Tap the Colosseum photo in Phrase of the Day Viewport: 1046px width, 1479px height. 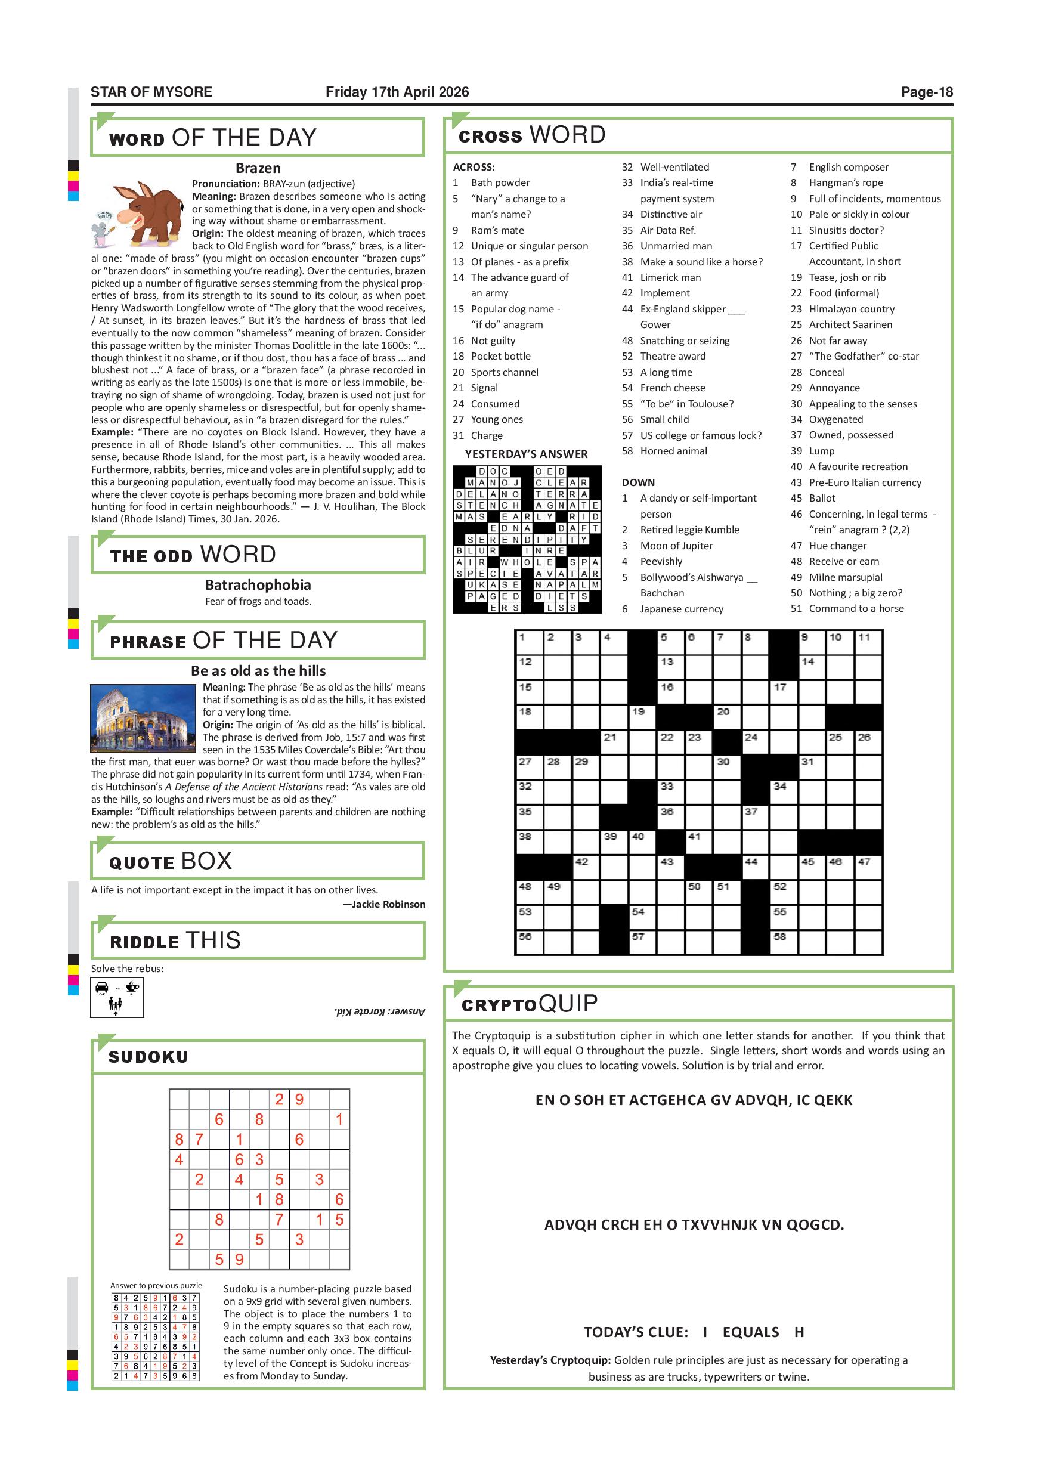pyautogui.click(x=143, y=718)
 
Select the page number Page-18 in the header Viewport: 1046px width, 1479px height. pyautogui.click(x=926, y=92)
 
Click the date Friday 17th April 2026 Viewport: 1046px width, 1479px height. pyautogui.click(x=397, y=92)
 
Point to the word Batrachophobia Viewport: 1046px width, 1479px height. pyautogui.click(x=258, y=585)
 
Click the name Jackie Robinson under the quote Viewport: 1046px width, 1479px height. pyautogui.click(x=388, y=905)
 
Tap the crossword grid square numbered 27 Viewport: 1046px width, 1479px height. pyautogui.click(x=530, y=769)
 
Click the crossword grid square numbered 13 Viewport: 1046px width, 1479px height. pyautogui.click(x=670, y=667)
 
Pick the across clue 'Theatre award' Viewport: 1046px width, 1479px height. pyautogui.click(x=673, y=356)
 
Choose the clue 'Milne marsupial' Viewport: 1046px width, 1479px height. pyautogui.click(x=845, y=577)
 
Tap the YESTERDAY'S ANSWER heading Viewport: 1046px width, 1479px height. pyautogui.click(x=526, y=454)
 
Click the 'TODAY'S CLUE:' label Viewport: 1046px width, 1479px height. pyautogui.click(x=636, y=1332)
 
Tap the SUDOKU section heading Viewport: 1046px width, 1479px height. pyautogui.click(x=148, y=1057)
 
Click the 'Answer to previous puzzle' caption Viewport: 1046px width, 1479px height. pyautogui.click(x=156, y=1285)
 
